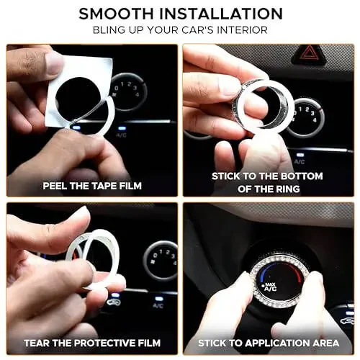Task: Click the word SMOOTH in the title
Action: [117, 14]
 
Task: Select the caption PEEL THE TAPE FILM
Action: [91, 186]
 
